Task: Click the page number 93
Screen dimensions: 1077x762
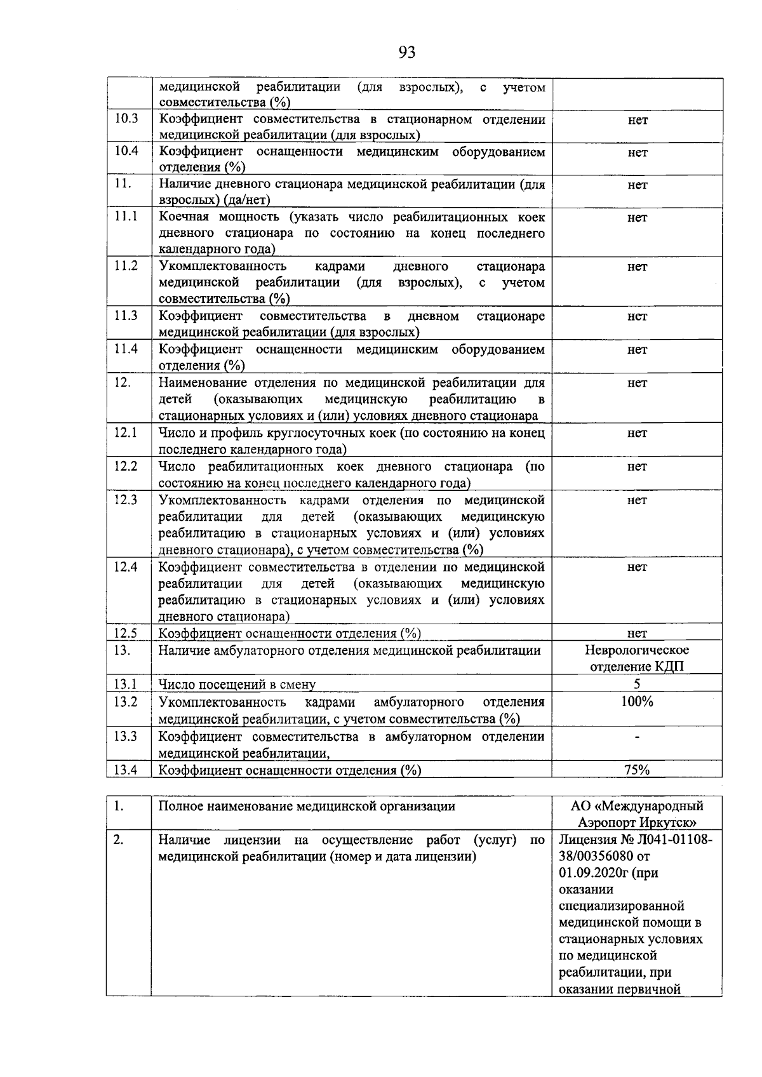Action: pyautogui.click(x=407, y=53)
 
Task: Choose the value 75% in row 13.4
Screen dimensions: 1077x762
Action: pyautogui.click(x=636, y=770)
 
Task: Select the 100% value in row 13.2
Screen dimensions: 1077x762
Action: pyautogui.click(x=637, y=702)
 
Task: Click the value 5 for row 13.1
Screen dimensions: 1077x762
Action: pyautogui.click(x=637, y=684)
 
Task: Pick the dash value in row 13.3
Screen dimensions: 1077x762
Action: pyautogui.click(x=637, y=737)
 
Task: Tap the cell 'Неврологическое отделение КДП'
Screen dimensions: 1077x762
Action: pyautogui.click(x=637, y=659)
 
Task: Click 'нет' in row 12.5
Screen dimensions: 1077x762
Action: pyautogui.click(x=637, y=633)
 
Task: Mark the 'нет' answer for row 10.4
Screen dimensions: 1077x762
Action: pyautogui.click(x=638, y=152)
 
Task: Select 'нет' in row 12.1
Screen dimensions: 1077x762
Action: pyautogui.click(x=637, y=433)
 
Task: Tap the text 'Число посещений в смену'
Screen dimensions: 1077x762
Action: pyautogui.click(x=237, y=685)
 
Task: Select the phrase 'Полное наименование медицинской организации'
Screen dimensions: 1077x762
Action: pyautogui.click(x=307, y=806)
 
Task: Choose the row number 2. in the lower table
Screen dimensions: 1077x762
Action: pyautogui.click(x=118, y=840)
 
